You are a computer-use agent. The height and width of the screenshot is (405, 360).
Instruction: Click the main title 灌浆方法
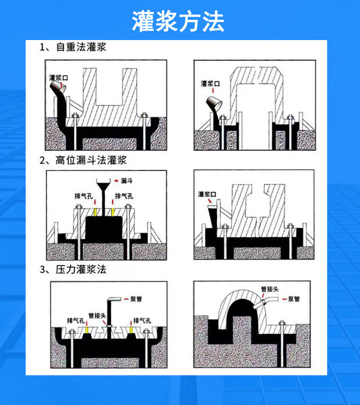pos(178,22)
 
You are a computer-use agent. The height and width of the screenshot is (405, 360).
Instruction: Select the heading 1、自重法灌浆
pos(73,47)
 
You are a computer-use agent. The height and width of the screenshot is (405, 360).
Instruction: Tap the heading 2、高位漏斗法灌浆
pos(83,160)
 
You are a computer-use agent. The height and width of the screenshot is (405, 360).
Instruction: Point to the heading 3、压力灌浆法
pos(73,270)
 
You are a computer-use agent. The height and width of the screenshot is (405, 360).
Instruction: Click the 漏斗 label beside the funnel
pos(126,181)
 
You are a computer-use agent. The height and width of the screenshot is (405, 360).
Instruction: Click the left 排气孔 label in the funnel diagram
pos(84,196)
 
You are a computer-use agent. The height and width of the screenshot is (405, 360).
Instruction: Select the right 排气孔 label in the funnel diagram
pos(124,196)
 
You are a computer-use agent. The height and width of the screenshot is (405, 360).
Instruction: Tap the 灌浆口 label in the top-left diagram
pos(58,78)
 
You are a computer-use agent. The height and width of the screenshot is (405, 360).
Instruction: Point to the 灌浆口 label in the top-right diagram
pos(210,84)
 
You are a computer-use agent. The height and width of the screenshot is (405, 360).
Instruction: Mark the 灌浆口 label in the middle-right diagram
pos(207,194)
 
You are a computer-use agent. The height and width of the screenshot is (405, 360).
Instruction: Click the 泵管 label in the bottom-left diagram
pos(136,299)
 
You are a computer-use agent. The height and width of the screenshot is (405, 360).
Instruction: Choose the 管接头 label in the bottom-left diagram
pos(97,315)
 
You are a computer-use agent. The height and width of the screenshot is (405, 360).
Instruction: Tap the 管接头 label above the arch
pos(270,289)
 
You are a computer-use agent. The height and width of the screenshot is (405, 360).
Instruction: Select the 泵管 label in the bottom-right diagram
pos(294,299)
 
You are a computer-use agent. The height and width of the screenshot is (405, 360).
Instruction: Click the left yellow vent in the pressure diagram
pos(86,330)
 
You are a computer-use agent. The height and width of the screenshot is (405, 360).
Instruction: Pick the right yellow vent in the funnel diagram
pos(113,212)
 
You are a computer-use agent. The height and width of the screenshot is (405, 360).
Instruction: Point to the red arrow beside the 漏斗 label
pos(116,181)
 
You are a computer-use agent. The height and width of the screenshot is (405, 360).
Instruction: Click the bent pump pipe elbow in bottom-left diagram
pos(112,300)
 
